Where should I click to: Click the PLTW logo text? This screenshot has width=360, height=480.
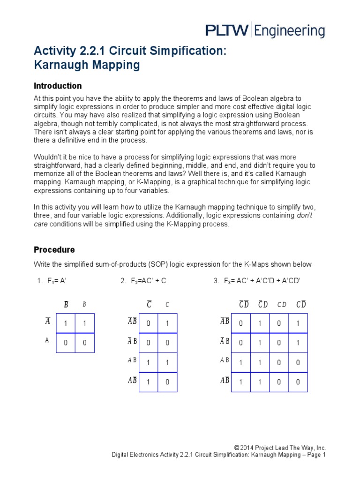[227, 30]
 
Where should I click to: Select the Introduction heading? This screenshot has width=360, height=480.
[58, 86]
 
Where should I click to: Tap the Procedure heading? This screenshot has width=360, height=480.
[54, 249]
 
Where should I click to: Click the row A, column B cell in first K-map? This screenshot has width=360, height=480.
[84, 343]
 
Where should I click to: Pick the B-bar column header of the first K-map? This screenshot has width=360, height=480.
[66, 305]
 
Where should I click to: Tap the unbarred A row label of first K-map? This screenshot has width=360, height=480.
[47, 341]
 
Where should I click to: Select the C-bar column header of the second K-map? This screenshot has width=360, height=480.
[149, 305]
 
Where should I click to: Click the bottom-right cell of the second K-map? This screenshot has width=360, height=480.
[167, 382]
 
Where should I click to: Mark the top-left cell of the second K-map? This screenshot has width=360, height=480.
[149, 323]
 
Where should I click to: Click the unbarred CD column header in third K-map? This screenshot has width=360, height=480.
[282, 305]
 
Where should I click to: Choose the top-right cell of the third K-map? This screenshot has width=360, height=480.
[298, 323]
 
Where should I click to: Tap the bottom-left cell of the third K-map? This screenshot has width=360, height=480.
[241, 382]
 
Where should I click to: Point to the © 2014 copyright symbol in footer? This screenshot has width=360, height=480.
[237, 448]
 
